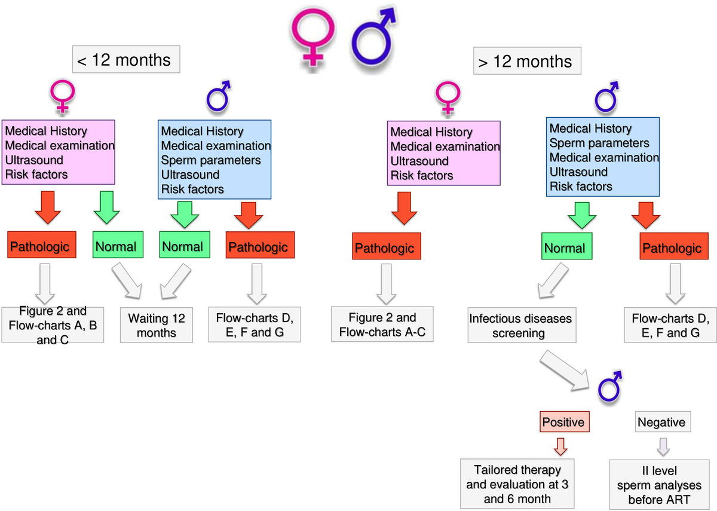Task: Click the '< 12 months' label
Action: click(126, 60)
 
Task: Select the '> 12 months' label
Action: click(527, 61)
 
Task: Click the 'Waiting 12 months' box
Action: click(157, 325)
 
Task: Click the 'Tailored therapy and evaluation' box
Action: click(519, 484)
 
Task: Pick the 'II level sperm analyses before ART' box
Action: click(662, 484)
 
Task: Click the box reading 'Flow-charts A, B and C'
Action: click(53, 325)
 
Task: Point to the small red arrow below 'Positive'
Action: click(561, 445)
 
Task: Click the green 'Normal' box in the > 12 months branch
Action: click(564, 247)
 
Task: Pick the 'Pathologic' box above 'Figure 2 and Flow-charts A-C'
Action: click(384, 248)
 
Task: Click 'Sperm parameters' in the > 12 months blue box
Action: click(599, 143)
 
